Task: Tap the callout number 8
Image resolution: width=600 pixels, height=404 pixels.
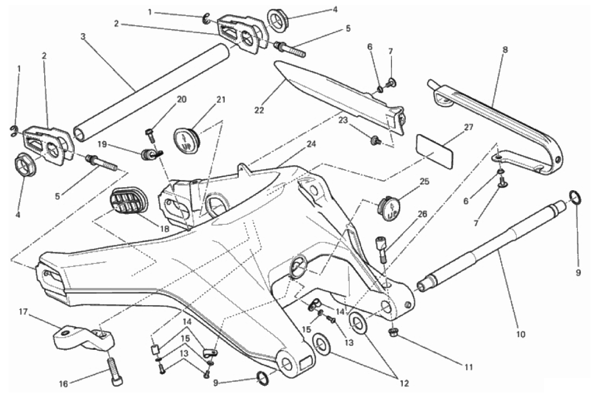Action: coord(505,50)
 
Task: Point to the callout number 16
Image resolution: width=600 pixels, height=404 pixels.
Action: coord(63,384)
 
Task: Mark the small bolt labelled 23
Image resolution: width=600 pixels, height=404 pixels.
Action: coord(374,143)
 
